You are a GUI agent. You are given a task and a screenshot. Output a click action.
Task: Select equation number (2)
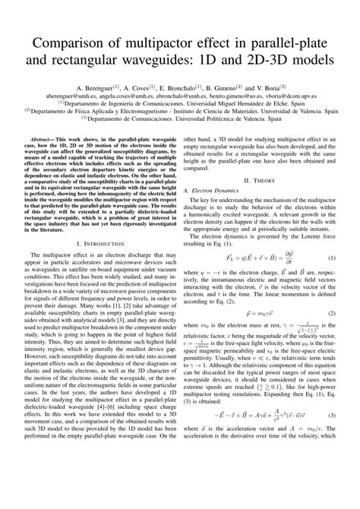coord(333,312)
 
